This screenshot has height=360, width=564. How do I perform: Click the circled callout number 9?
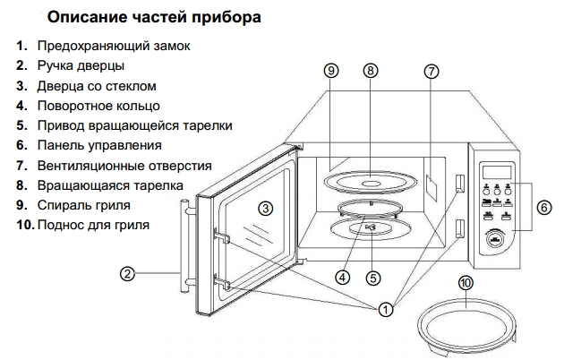tap(330, 71)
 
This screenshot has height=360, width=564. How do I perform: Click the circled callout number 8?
tap(372, 71)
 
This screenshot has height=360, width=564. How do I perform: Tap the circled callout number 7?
tap(431, 71)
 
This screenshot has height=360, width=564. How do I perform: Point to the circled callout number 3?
tap(265, 208)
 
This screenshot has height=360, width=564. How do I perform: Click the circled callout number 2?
tap(128, 273)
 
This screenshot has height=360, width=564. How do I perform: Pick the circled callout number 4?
tap(342, 277)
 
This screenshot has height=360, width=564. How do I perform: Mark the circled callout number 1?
tap(385, 310)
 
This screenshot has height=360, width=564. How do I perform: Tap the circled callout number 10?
tap(464, 284)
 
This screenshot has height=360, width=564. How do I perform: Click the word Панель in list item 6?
tap(63, 145)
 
